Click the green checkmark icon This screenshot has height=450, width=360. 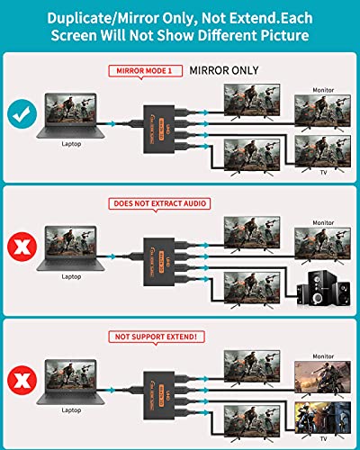22,115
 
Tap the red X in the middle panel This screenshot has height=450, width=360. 22,246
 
